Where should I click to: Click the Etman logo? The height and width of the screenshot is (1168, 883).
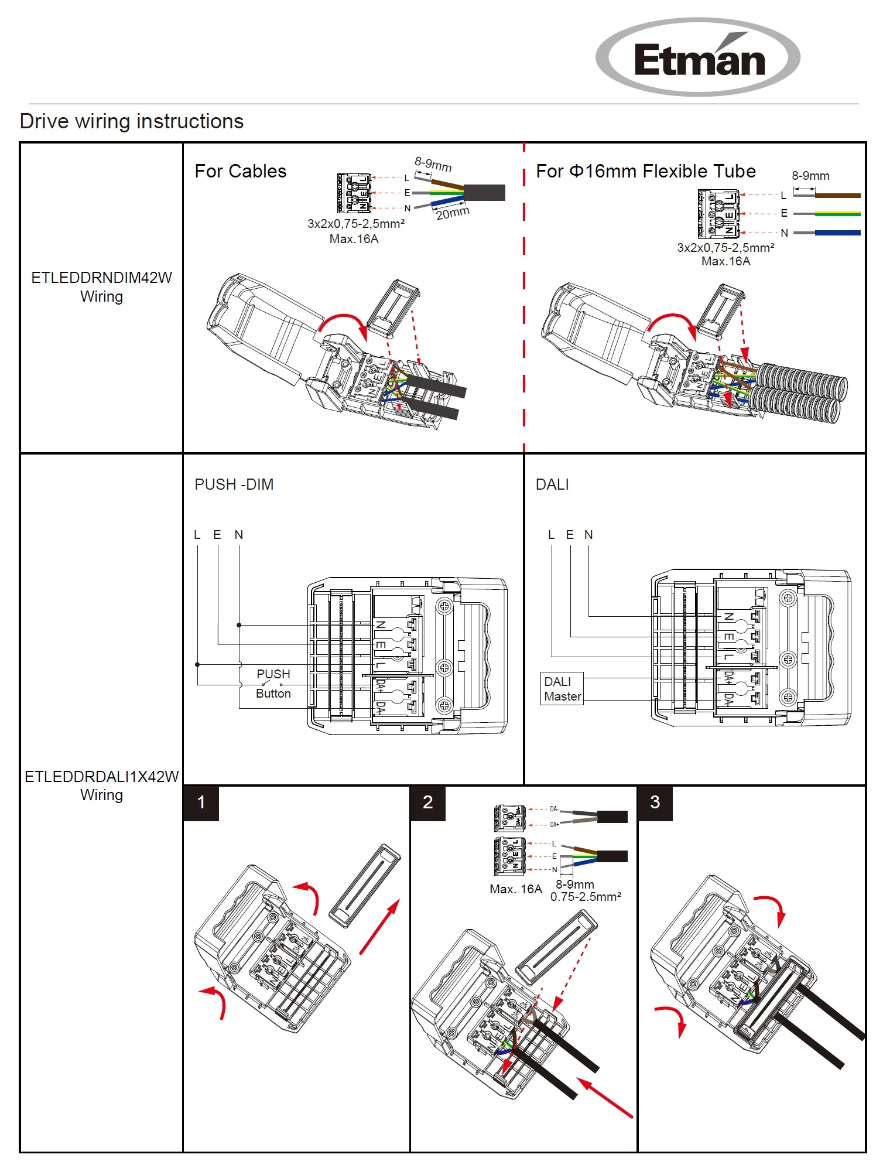[698, 57]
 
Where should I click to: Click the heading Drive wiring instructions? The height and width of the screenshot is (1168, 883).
[132, 121]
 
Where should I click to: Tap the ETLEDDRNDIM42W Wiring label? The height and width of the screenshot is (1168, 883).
[101, 287]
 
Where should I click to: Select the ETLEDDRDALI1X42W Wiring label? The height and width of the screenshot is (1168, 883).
[101, 786]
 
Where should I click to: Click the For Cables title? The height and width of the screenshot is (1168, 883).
[240, 171]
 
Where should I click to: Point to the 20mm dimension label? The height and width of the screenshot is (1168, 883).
[453, 213]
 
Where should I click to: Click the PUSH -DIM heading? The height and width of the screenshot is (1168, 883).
[234, 484]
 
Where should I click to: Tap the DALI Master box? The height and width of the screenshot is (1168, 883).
[562, 689]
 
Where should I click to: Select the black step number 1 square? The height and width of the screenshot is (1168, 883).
[201, 802]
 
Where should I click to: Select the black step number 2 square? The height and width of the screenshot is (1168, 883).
[427, 802]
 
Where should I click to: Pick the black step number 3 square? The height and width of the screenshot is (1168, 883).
[655, 802]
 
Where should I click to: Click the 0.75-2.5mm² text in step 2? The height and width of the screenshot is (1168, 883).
[586, 897]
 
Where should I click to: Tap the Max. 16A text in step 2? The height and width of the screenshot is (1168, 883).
[515, 889]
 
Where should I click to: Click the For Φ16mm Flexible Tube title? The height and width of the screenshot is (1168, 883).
[645, 171]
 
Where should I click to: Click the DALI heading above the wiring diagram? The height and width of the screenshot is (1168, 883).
[552, 484]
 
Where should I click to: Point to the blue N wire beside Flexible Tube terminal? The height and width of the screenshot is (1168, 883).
[837, 233]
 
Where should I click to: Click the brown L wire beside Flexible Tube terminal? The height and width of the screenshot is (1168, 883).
[837, 196]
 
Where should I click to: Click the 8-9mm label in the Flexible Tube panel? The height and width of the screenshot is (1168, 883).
[810, 176]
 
